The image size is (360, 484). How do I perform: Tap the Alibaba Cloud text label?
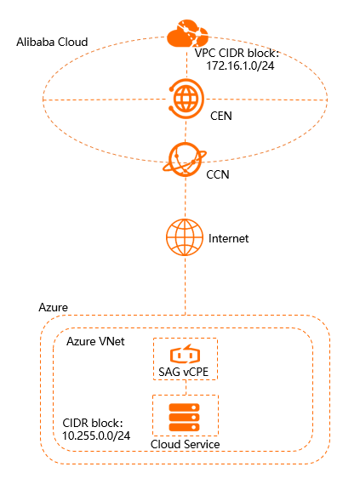52,42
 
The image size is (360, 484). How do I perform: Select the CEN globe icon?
186,98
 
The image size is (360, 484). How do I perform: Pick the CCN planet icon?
185,158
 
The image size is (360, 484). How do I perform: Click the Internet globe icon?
185,237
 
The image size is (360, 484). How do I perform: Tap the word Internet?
228,239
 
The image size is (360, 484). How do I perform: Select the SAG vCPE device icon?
185,354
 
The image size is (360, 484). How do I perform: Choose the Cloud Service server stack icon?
185,417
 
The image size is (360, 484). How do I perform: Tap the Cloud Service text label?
185,444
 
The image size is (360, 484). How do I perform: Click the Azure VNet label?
97,340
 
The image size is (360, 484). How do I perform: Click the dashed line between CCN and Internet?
185,198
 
